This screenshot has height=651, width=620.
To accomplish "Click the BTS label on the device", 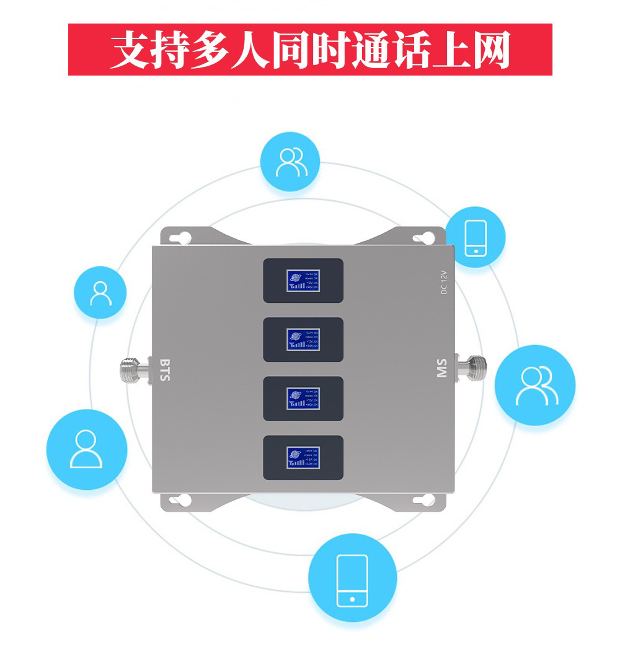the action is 164,369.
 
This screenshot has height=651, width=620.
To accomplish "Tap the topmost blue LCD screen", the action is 303,281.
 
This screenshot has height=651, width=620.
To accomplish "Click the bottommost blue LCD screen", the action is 303,458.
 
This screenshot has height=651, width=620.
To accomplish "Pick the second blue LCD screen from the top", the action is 303,339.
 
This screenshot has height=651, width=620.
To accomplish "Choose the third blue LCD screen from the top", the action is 303,398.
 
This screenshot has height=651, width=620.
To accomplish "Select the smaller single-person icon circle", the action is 100,292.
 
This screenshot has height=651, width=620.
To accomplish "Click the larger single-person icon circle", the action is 86,448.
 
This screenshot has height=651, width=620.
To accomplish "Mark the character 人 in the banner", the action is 251,50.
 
